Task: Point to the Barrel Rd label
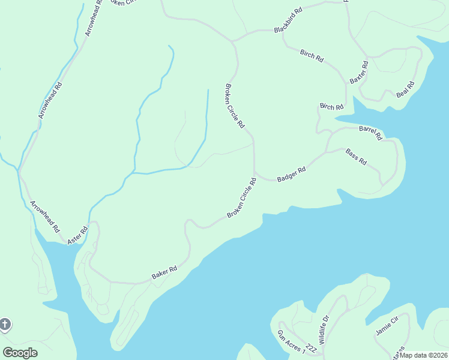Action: tap(370, 132)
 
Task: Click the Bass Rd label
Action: tap(356, 157)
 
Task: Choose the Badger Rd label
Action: tap(291, 175)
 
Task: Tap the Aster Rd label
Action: tap(77, 234)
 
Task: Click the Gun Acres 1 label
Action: tap(291, 341)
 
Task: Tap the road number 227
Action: tap(310, 349)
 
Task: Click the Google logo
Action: tap(20, 353)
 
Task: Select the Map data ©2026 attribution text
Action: tap(423, 355)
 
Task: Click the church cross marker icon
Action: tap(5, 325)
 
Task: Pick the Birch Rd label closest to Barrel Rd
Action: tap(331, 107)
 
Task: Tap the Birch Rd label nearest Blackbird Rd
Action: tap(312, 56)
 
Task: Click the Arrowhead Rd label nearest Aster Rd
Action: tap(45, 216)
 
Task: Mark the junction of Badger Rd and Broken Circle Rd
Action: tap(255, 173)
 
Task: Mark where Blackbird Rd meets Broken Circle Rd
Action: tap(233, 41)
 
